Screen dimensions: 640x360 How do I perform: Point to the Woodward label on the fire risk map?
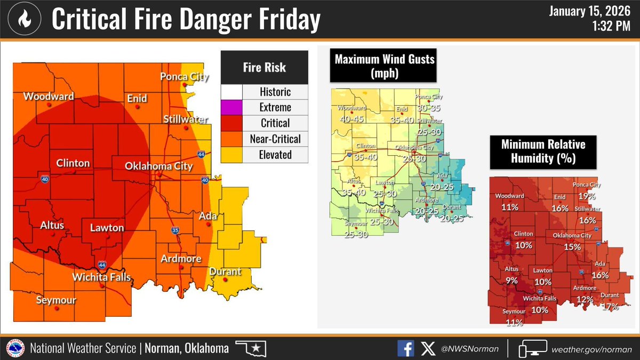pos(48,97)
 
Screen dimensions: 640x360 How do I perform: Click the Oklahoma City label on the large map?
pos(158,166)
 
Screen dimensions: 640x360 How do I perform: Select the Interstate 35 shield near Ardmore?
pos(175,230)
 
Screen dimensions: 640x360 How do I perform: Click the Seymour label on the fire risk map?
pos(55,300)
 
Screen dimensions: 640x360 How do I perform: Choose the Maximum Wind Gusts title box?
pos(382,66)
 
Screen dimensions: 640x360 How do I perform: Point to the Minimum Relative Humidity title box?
pos(543,151)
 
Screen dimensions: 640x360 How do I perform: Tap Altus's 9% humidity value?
pos(511,279)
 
